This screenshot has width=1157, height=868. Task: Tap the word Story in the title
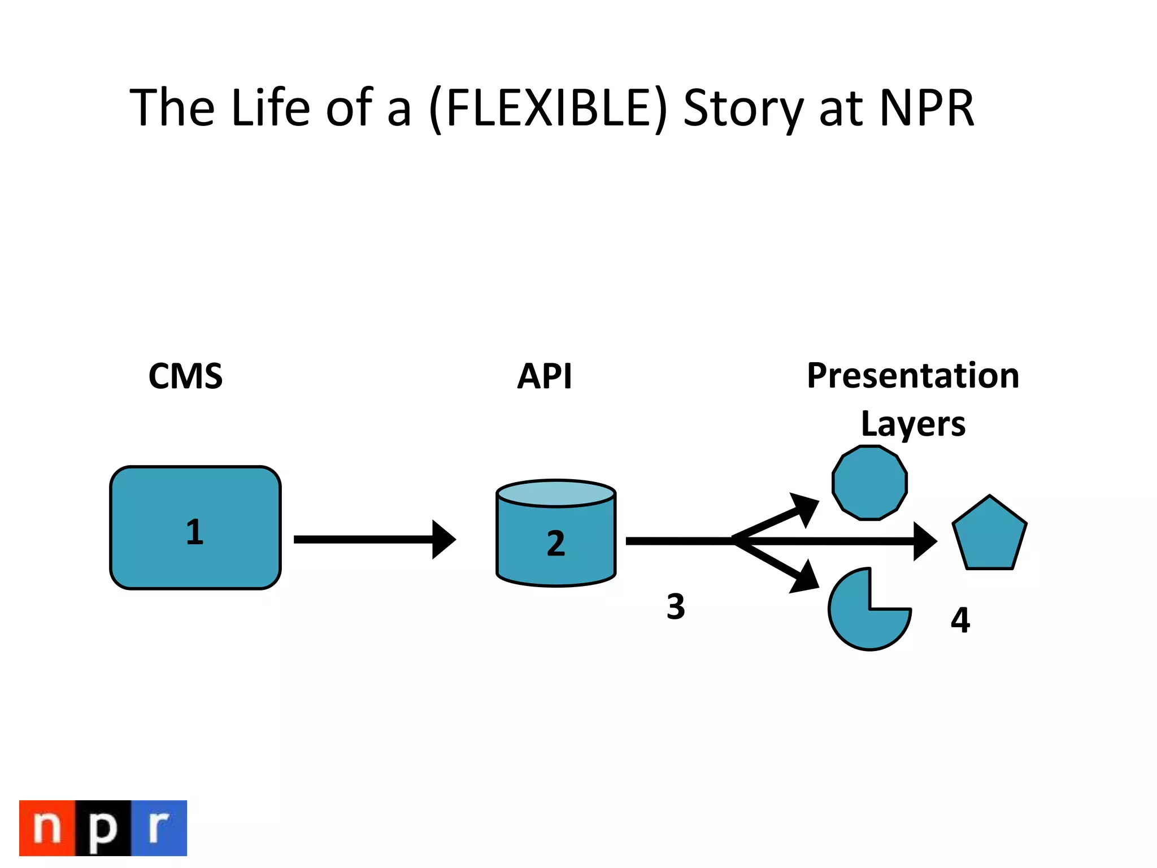(743, 108)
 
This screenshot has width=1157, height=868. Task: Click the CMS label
(185, 376)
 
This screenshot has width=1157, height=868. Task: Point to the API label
(545, 376)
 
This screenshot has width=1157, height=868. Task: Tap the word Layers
(912, 424)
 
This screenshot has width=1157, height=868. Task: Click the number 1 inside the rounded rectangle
(194, 532)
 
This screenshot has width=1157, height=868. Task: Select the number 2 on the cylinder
(556, 544)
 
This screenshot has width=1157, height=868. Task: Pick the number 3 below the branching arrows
(676, 607)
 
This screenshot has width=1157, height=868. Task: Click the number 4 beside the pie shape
(960, 620)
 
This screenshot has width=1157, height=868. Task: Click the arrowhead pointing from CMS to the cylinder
(443, 539)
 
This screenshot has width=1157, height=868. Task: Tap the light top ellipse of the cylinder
(556, 493)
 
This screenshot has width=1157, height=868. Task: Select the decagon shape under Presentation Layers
(869, 483)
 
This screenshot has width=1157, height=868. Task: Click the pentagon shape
(989, 536)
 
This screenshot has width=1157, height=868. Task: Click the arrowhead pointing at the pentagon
(925, 541)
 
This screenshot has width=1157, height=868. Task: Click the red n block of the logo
(47, 828)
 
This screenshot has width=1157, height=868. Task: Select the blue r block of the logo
(159, 828)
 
